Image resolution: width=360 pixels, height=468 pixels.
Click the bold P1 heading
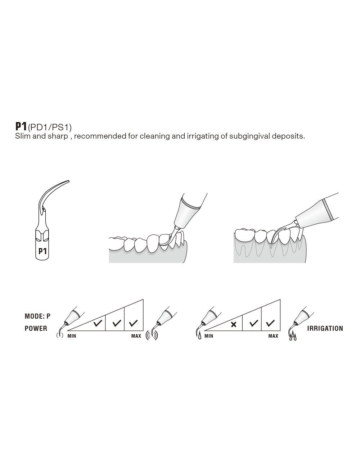[21, 126]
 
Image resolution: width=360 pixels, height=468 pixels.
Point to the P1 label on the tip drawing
[42, 251]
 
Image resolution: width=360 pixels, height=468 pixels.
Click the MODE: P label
[37, 316]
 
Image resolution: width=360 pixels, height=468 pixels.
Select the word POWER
[36, 328]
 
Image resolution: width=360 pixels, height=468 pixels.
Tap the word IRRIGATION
[325, 328]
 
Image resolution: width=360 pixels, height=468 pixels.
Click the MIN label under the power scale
[72, 336]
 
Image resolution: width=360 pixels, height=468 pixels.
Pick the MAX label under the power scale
[136, 336]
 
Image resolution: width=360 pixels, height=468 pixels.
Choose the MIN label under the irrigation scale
[209, 336]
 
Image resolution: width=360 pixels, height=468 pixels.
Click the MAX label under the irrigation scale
[273, 336]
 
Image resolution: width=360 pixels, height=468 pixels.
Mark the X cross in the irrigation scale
[234, 325]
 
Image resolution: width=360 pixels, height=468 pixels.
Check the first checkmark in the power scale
[97, 324]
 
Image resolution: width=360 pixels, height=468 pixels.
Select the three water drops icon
[293, 337]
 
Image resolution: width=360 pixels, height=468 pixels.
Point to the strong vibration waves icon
[152, 336]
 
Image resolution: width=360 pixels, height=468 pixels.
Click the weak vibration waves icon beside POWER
[60, 336]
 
